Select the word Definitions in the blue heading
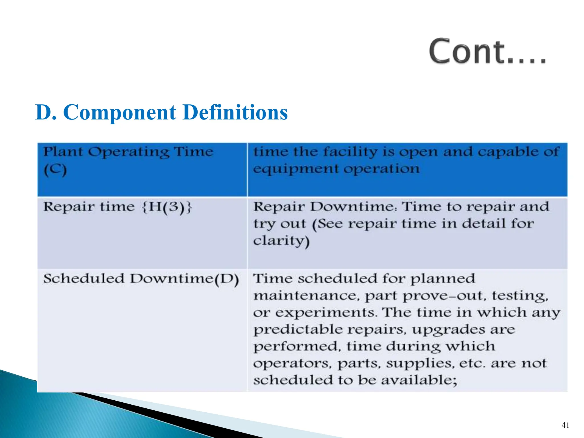tap(235, 112)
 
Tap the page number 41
tap(565, 425)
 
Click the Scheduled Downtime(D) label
tap(141, 279)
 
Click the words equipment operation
tap(336, 169)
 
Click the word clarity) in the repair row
tap(281, 241)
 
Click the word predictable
tap(298, 330)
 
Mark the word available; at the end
tap(419, 380)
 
